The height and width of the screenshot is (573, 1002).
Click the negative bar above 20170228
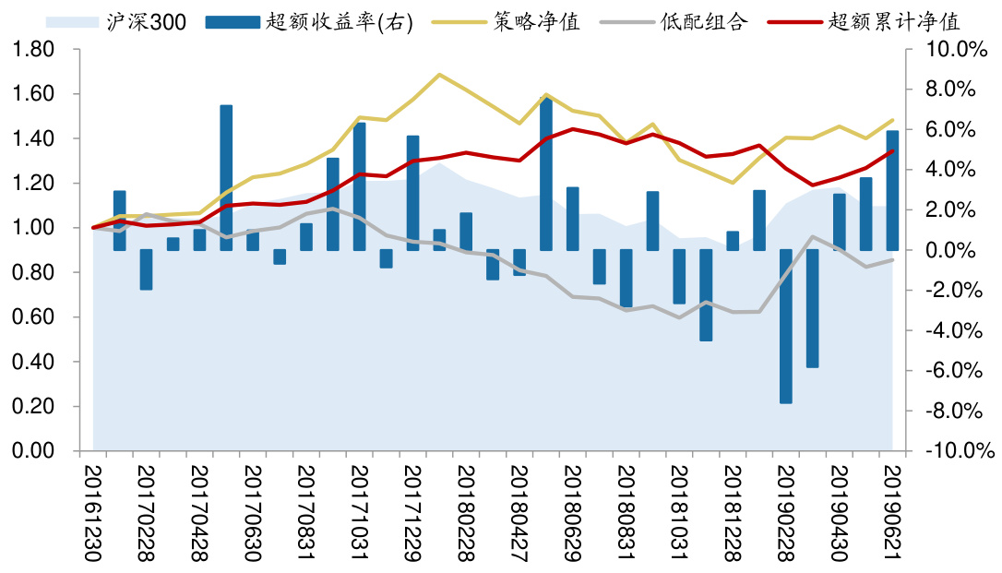[x=146, y=269]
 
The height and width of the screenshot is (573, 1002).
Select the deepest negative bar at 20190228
[x=786, y=326]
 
